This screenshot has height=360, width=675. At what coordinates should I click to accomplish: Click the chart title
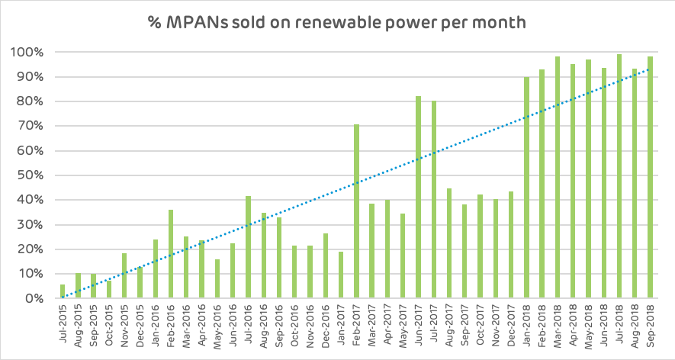(337, 22)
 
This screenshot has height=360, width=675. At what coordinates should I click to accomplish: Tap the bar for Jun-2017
(418, 198)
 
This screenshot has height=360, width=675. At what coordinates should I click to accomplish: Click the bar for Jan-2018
(526, 188)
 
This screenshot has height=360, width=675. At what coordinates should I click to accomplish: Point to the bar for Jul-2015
(63, 291)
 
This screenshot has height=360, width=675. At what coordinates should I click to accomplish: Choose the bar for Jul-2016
(248, 247)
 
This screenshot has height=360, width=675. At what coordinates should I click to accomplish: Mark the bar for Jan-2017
(341, 275)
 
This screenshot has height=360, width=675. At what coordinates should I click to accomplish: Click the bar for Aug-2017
(449, 243)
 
